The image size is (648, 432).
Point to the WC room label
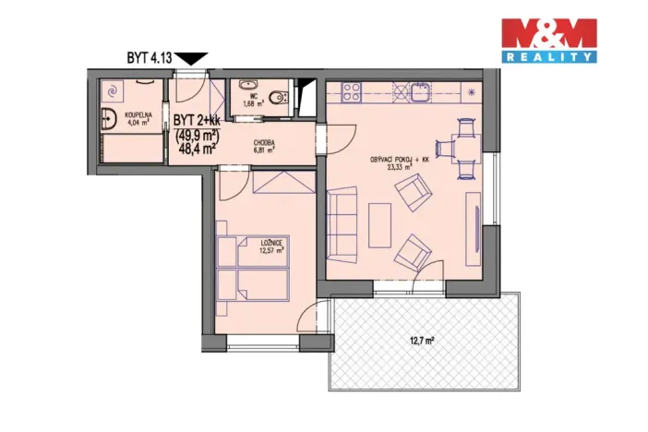tap(248, 97)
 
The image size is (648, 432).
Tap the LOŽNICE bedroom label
tap(270, 243)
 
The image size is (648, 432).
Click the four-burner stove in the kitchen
tap(352, 91)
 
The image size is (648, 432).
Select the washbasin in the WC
tap(246, 85)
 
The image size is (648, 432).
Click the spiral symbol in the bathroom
tap(114, 90)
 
